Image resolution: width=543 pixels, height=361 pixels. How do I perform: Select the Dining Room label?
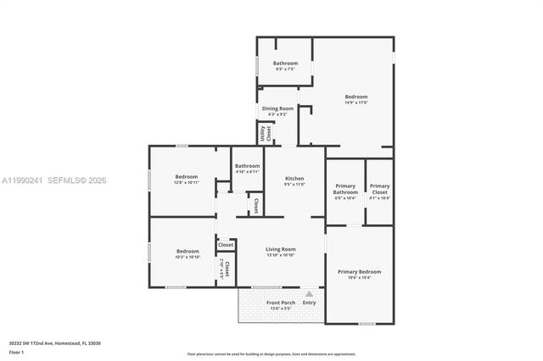(x=277, y=108)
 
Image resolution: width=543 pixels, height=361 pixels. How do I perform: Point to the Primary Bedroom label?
(x=359, y=272)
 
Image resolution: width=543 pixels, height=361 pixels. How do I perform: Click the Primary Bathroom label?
(x=345, y=189)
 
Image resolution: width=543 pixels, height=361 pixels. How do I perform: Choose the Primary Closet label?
(x=379, y=189)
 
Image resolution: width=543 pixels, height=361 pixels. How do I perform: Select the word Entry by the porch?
(x=309, y=303)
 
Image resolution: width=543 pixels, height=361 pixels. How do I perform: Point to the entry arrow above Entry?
(x=309, y=293)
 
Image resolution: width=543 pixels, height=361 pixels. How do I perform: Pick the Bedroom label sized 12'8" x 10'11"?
(x=186, y=177)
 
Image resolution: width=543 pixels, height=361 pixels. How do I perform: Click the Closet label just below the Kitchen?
(x=255, y=206)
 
